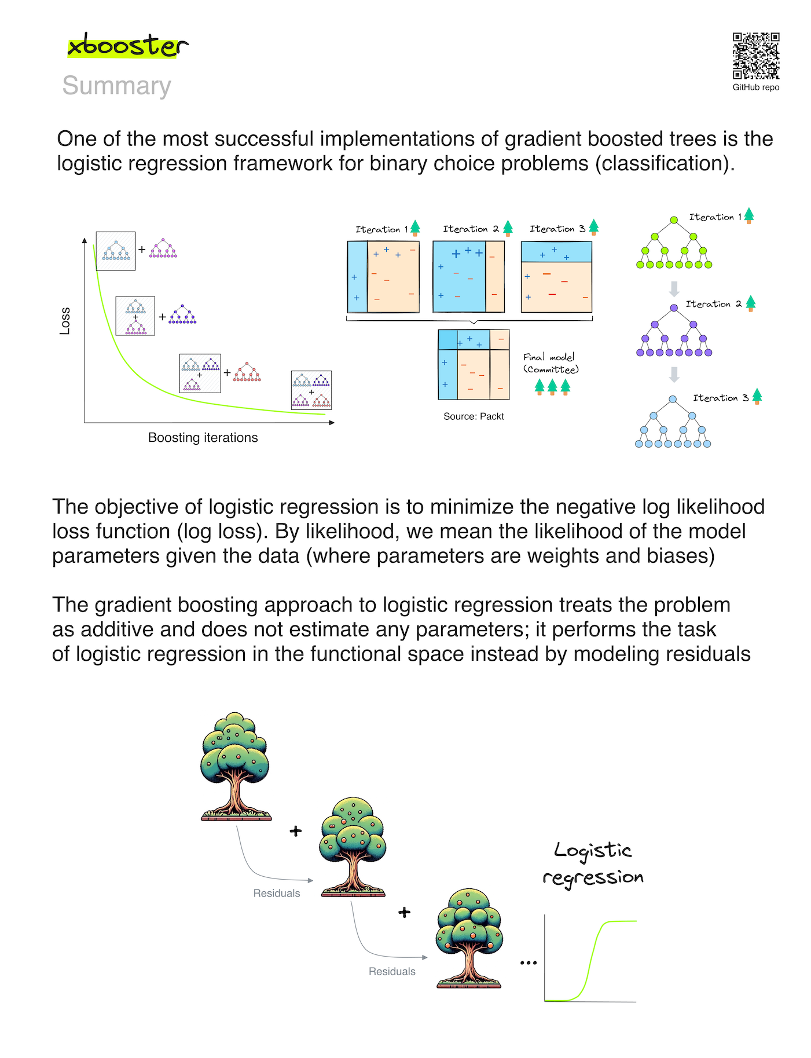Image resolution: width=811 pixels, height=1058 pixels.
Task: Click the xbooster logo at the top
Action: click(x=127, y=46)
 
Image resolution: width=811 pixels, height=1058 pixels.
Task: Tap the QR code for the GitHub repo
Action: click(x=756, y=56)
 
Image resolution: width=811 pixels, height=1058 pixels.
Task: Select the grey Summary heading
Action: click(x=116, y=86)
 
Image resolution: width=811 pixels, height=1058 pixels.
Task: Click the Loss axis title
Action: click(x=65, y=321)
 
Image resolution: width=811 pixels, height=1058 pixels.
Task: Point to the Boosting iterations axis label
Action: click(x=203, y=438)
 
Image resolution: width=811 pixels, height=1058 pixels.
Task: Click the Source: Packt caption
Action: click(x=474, y=416)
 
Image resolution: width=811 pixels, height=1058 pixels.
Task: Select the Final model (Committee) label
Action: click(x=551, y=364)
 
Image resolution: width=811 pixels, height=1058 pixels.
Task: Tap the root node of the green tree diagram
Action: click(x=674, y=220)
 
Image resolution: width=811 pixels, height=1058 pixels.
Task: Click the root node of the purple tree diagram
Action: click(x=674, y=308)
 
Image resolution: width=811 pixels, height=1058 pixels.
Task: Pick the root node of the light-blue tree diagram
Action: click(x=673, y=400)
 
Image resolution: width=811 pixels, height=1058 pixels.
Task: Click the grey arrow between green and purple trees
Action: click(x=674, y=288)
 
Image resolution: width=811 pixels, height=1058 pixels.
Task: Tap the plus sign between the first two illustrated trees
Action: click(x=296, y=832)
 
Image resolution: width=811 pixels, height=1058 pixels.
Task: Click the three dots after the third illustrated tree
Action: click(x=529, y=963)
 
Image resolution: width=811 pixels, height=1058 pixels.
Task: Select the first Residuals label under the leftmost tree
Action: click(x=277, y=894)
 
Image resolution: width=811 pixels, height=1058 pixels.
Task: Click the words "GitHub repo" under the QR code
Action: click(x=756, y=87)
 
